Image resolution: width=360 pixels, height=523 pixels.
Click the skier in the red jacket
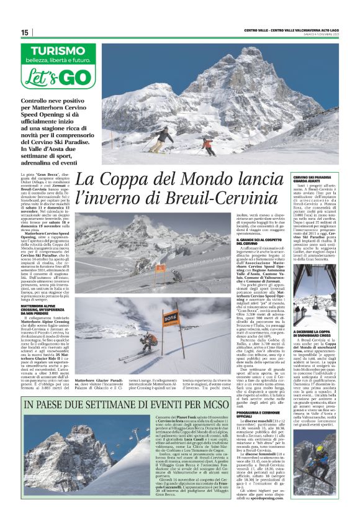pyautogui.click(x=208, y=146)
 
